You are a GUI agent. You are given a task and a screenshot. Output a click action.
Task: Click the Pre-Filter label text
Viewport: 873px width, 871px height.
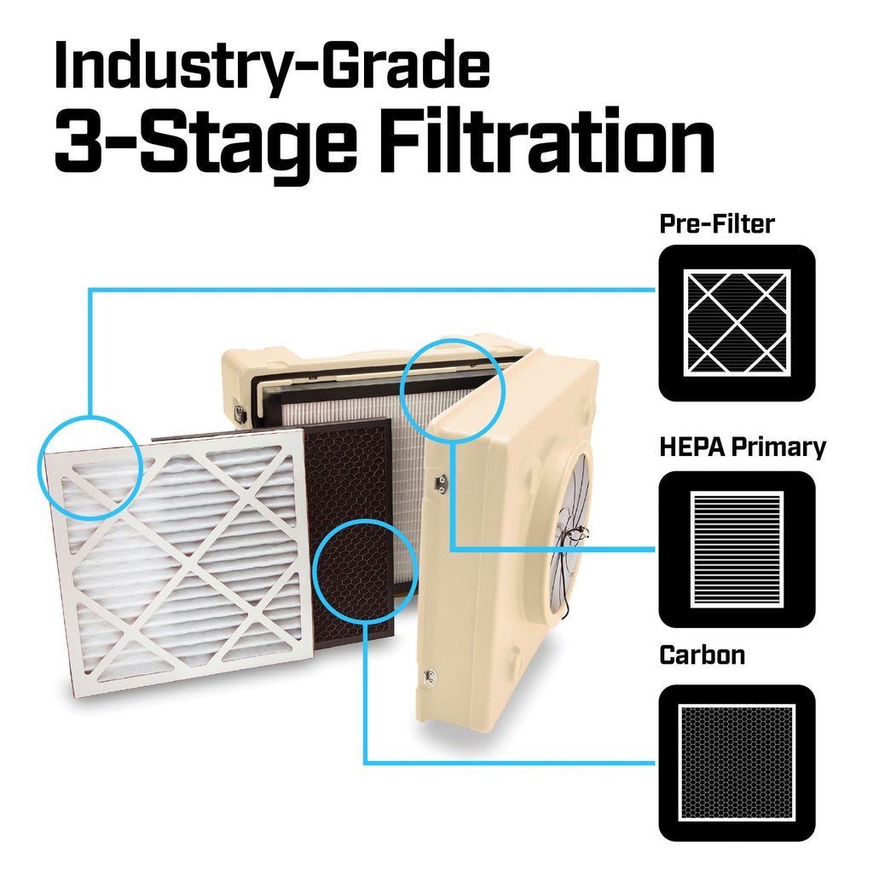tap(717, 224)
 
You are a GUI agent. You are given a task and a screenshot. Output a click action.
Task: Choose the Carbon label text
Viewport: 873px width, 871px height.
tap(702, 655)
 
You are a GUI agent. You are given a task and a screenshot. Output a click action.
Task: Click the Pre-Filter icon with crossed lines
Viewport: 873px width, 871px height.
tap(737, 323)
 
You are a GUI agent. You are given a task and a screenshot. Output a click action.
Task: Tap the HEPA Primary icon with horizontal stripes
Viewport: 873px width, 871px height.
tap(737, 550)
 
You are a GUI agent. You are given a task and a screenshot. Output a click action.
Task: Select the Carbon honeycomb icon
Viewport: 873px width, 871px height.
tap(737, 763)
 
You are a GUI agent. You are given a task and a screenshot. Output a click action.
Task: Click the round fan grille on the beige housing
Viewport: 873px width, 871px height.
tap(569, 537)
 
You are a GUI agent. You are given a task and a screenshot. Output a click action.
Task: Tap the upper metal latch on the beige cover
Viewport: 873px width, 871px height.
tap(442, 482)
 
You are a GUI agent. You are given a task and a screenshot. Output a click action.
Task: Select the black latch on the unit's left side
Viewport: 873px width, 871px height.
tap(240, 414)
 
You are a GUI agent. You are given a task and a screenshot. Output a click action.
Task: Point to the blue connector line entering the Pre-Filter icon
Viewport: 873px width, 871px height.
tap(372, 290)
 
